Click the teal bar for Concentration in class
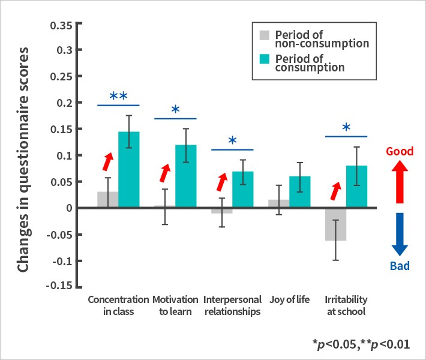[129, 170]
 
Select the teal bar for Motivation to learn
[186, 177]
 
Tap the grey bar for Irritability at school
[335, 224]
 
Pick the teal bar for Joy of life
[299, 192]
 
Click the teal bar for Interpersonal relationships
[243, 190]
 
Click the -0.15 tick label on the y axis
[59, 284]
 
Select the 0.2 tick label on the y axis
[65, 103]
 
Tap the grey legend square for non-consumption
[265, 35]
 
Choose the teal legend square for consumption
[265, 59]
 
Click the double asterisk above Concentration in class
[119, 97]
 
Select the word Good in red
[400, 151]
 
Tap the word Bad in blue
[400, 266]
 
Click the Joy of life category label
[290, 299]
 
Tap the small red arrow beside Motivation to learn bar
[164, 172]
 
